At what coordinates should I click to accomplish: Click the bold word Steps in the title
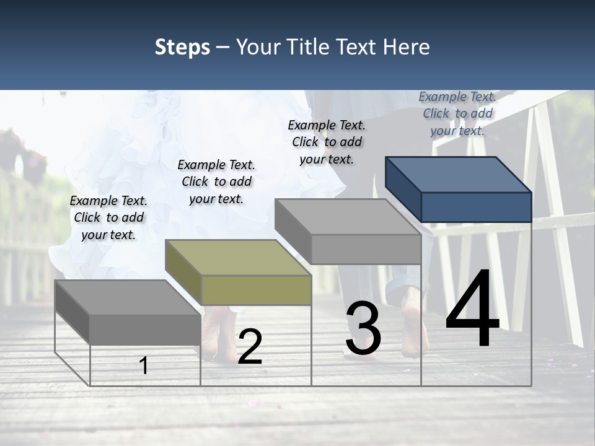[182, 47]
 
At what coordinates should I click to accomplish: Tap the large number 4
[472, 310]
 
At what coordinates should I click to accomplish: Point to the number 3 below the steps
[363, 329]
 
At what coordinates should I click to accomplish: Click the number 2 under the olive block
[250, 347]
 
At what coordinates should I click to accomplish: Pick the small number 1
[144, 365]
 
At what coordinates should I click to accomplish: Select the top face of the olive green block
[238, 257]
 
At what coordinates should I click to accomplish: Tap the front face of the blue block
[476, 207]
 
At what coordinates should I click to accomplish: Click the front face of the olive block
[256, 290]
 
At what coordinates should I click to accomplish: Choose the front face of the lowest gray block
[145, 329]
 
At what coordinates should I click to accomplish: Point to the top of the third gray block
[348, 217]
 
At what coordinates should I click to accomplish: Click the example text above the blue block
[457, 113]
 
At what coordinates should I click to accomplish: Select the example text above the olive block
[216, 181]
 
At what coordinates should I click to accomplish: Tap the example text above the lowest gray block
[108, 217]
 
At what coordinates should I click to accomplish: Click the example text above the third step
[327, 142]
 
